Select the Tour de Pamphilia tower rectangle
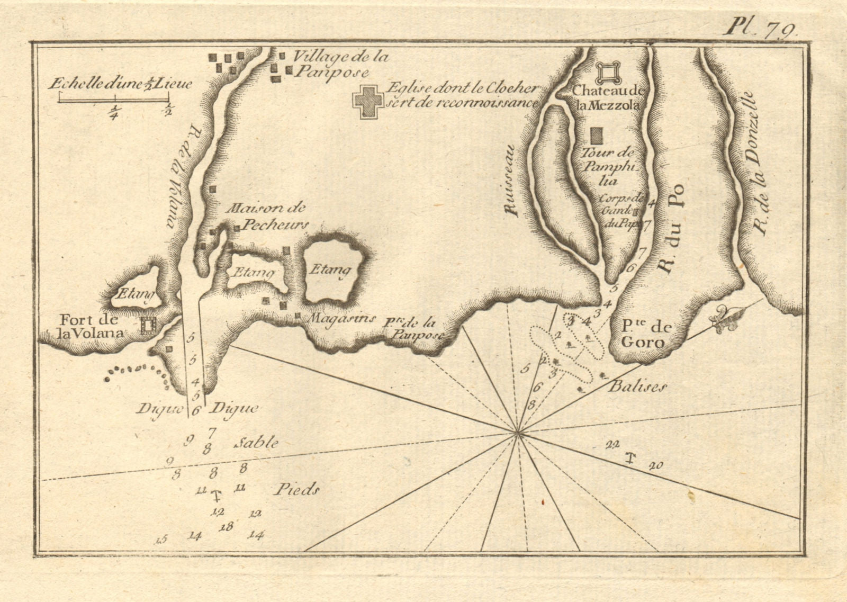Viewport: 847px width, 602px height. click(x=598, y=135)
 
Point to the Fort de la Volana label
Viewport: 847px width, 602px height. click(x=91, y=327)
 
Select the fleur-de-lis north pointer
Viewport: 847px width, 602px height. click(x=723, y=319)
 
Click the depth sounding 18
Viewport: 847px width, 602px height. click(x=228, y=526)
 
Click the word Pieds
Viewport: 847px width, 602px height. click(x=297, y=490)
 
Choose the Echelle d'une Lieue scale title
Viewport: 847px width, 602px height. click(x=121, y=83)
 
